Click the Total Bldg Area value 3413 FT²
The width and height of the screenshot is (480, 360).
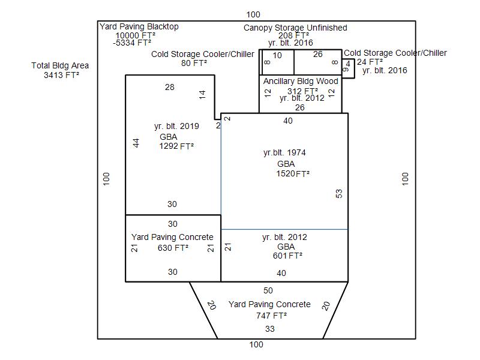pos(62,75)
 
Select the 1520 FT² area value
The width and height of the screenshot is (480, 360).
pos(293,174)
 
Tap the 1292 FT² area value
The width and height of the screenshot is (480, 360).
pos(176,146)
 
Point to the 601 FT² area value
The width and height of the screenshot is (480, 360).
pos(287,256)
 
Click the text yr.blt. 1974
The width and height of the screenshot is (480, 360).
pos(284,153)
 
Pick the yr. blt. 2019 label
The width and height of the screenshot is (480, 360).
pos(176,126)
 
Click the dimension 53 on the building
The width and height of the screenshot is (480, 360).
pos(339,193)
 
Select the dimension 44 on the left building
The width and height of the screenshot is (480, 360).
pos(136,143)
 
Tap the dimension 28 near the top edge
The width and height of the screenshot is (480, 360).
pos(170,87)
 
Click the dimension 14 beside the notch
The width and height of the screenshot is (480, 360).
pos(202,95)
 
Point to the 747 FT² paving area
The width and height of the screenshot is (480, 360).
pos(271,316)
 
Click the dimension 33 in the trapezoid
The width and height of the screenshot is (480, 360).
pos(269,329)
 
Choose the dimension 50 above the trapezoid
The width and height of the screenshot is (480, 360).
pos(268,290)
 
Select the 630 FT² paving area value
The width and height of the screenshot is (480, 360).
pos(173,248)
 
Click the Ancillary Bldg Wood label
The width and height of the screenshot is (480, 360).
pos(301,82)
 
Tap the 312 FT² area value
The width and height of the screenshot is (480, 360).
pos(302,91)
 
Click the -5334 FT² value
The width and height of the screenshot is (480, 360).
pos(132,43)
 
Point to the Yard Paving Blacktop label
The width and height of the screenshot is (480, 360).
pos(139,26)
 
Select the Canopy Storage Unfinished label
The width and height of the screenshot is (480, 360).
pos(295,28)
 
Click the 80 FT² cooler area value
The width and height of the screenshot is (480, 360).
pos(194,64)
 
